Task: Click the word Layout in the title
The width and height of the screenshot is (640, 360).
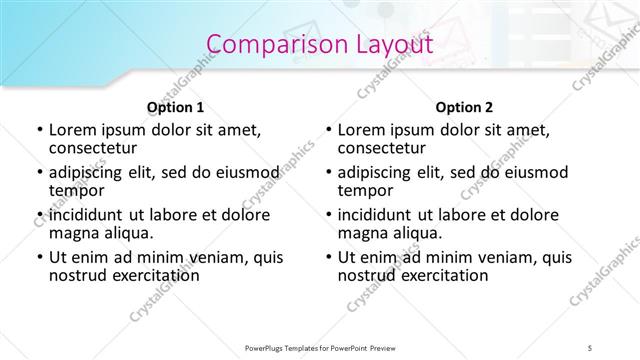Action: pyautogui.click(x=385, y=44)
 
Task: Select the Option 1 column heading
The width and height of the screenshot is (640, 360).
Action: pyautogui.click(x=175, y=107)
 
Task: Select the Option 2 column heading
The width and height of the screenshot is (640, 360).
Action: pyautogui.click(x=464, y=107)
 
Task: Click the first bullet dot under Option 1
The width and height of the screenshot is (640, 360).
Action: pyautogui.click(x=38, y=130)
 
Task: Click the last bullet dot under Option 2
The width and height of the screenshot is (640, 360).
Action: pyautogui.click(x=328, y=257)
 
